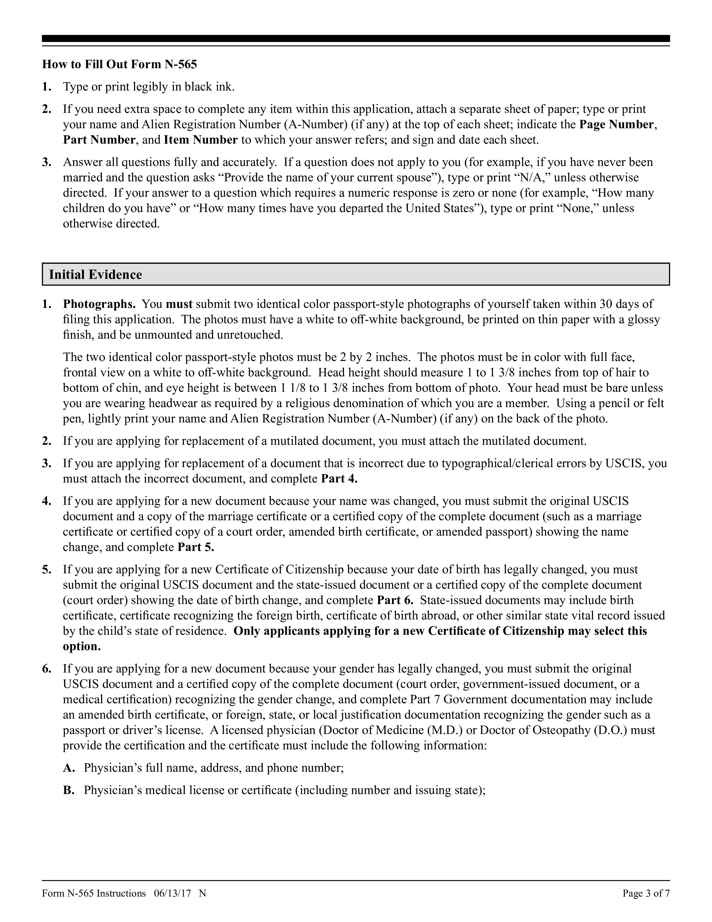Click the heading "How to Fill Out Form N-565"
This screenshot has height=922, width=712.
tap(120, 64)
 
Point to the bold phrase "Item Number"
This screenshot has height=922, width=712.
tap(201, 140)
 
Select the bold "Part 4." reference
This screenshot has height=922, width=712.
tap(340, 479)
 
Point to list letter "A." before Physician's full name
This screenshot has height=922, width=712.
tap(69, 768)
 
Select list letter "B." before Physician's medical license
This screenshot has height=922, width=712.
tap(69, 790)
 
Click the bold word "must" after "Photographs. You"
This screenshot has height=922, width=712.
tap(179, 304)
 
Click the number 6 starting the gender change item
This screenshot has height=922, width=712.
tap(46, 669)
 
